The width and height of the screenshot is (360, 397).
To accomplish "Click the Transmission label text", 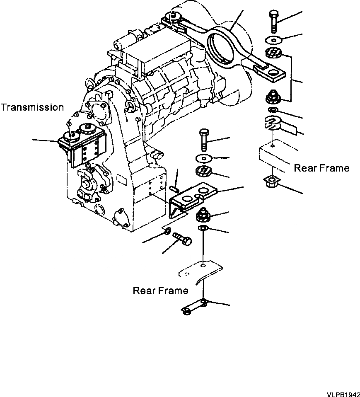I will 32,108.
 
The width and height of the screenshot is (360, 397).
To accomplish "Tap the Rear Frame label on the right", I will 321,168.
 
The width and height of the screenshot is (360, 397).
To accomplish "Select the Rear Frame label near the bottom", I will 160,290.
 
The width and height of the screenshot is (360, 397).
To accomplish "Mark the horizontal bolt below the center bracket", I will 182,238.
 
